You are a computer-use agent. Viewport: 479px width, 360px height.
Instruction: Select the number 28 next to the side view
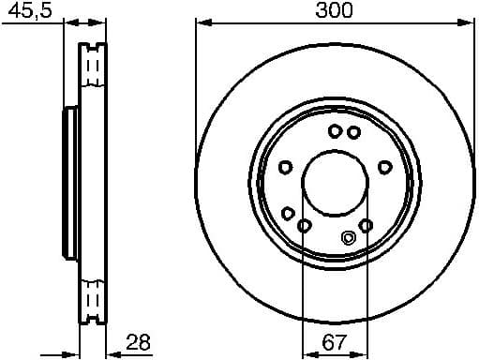pyautogui.click(x=138, y=344)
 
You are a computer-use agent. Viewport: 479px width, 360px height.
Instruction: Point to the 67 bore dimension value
pyautogui.click(x=333, y=344)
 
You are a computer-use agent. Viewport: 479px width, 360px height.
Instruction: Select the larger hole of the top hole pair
pyautogui.click(x=336, y=131)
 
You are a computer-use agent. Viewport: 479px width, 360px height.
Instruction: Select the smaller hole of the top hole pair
pyautogui.click(x=352, y=132)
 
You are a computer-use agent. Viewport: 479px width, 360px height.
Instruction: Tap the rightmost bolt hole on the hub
pyautogui.click(x=383, y=167)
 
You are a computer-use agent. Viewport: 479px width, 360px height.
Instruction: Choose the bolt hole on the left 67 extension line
pyautogui.click(x=303, y=225)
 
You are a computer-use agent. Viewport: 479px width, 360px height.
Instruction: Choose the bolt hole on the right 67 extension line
pyautogui.click(x=366, y=225)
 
